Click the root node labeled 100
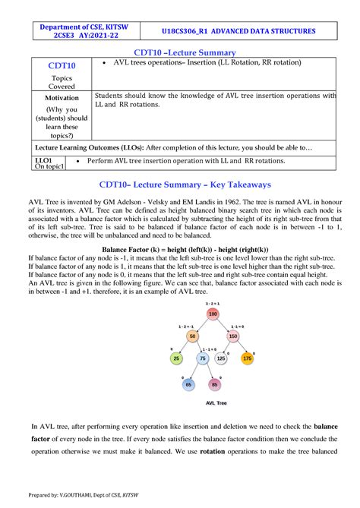(x=212, y=314)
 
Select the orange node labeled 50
(x=191, y=336)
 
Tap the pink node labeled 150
(x=232, y=336)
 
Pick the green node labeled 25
(x=176, y=358)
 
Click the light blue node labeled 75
(x=203, y=358)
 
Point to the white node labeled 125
(x=221, y=358)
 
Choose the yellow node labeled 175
(x=247, y=358)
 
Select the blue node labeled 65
(x=188, y=384)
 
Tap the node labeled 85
(x=215, y=384)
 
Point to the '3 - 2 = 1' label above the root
(x=212, y=303)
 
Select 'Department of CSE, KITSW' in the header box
(x=84, y=27)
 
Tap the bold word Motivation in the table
(x=61, y=99)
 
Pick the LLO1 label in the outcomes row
(x=44, y=161)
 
